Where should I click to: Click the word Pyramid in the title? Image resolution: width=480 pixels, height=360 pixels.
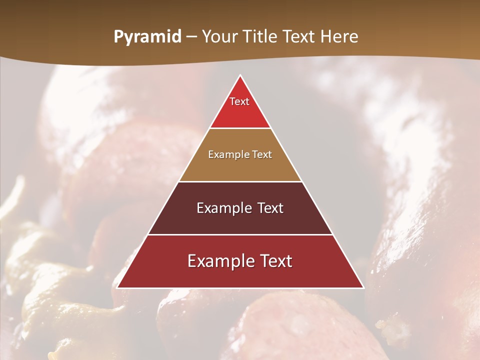[147, 37]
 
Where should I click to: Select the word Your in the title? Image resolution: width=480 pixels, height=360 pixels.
[218, 37]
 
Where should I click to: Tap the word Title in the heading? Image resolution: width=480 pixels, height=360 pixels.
[259, 37]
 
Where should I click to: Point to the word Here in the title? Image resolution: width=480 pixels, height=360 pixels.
[339, 37]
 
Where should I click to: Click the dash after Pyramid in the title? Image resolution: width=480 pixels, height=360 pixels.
[191, 37]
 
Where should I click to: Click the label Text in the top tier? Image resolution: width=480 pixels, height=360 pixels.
[239, 101]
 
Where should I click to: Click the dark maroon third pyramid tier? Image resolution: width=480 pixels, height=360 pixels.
[240, 222]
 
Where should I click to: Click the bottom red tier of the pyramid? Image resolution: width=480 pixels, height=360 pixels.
[240, 276]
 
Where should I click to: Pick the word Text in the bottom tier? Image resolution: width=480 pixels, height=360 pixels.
[274, 261]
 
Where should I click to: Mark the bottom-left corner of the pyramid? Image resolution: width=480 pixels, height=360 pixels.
[117, 287]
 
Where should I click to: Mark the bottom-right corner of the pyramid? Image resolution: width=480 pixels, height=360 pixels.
[363, 287]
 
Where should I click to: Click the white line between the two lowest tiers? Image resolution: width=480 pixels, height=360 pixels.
[240, 234]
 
